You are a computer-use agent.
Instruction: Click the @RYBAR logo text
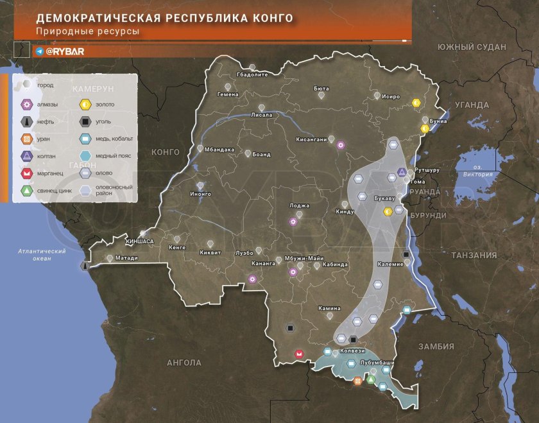[64, 51]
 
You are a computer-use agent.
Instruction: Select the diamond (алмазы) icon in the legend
[27, 104]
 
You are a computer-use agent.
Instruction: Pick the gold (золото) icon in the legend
[84, 104]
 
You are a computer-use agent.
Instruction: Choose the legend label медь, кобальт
[110, 138]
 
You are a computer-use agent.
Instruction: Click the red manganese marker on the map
[298, 354]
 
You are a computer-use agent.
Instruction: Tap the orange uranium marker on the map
[358, 383]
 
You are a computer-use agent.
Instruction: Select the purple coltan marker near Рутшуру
[402, 172]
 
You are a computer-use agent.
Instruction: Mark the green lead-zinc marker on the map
[370, 380]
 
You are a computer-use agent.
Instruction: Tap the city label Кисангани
[311, 139]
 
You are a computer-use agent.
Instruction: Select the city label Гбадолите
[252, 74]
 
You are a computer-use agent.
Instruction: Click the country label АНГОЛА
[184, 363]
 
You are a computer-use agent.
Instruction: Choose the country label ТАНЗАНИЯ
[473, 255]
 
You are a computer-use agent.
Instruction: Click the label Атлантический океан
[42, 255]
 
